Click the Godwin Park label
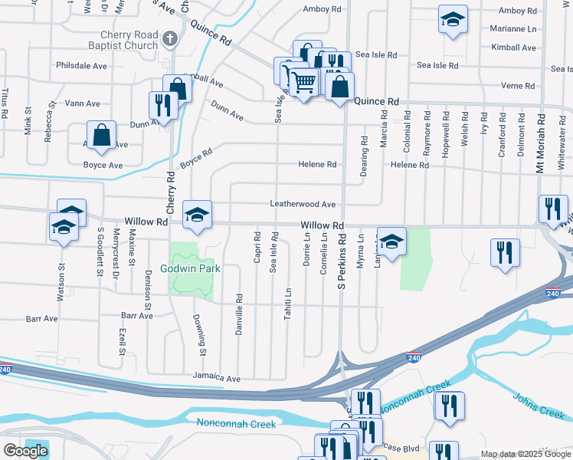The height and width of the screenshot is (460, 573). coord(190,268)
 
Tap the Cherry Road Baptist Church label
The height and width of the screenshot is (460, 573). coord(128,41)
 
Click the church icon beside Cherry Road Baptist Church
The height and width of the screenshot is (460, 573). coord(171,36)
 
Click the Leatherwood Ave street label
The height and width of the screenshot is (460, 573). coord(303,205)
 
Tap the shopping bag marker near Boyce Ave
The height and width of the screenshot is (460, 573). coord(101,136)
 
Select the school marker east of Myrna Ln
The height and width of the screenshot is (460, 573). coord(391,242)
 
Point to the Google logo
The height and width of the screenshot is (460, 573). coord(25,451)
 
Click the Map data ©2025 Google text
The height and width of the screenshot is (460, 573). coord(525,454)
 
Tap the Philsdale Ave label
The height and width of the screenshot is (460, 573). coord(81,66)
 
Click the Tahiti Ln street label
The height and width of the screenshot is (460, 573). coord(288,303)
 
